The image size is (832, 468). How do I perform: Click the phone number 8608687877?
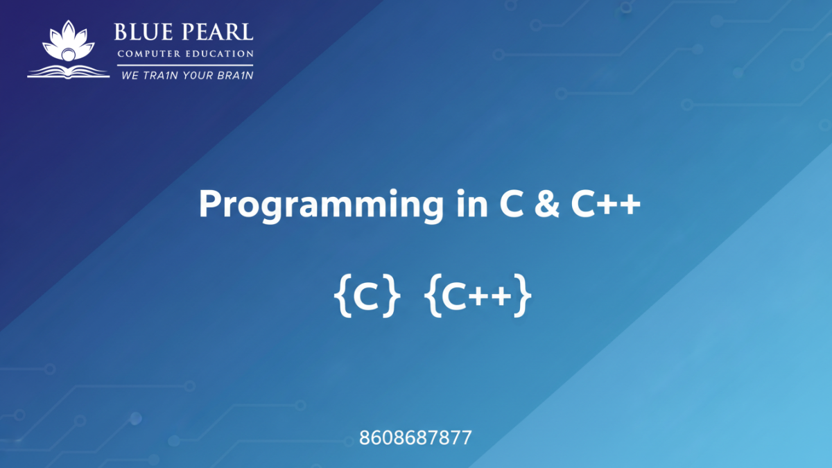click(x=415, y=438)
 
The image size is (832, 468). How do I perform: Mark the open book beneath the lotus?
click(x=68, y=69)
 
